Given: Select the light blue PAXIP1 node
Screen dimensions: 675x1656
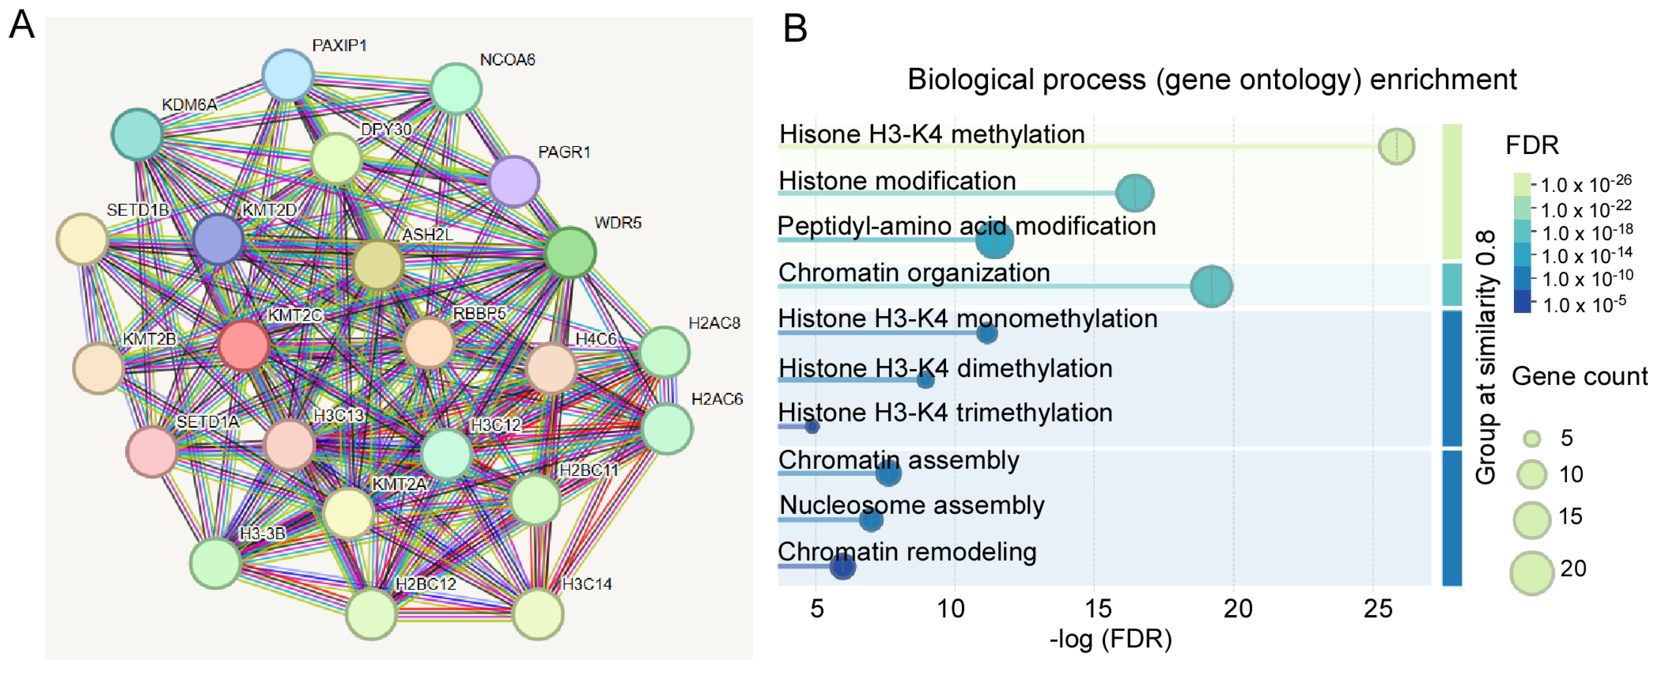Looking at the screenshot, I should [288, 75].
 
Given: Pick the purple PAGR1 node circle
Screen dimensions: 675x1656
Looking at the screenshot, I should [514, 181].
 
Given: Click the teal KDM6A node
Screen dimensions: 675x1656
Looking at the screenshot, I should [137, 134].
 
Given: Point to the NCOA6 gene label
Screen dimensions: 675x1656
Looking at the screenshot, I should [507, 60].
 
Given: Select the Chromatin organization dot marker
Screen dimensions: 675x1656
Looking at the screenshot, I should [1211, 286].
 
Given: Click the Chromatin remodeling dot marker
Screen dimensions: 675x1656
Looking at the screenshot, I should [842, 566].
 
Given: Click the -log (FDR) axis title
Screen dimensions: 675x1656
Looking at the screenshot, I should [1110, 639].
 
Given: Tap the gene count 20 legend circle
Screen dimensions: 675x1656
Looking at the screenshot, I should [1532, 573].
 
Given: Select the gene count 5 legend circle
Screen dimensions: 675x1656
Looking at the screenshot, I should [1532, 439].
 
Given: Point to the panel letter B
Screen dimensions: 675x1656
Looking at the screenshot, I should [795, 29].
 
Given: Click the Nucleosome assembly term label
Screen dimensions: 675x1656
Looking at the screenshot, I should [911, 505].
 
